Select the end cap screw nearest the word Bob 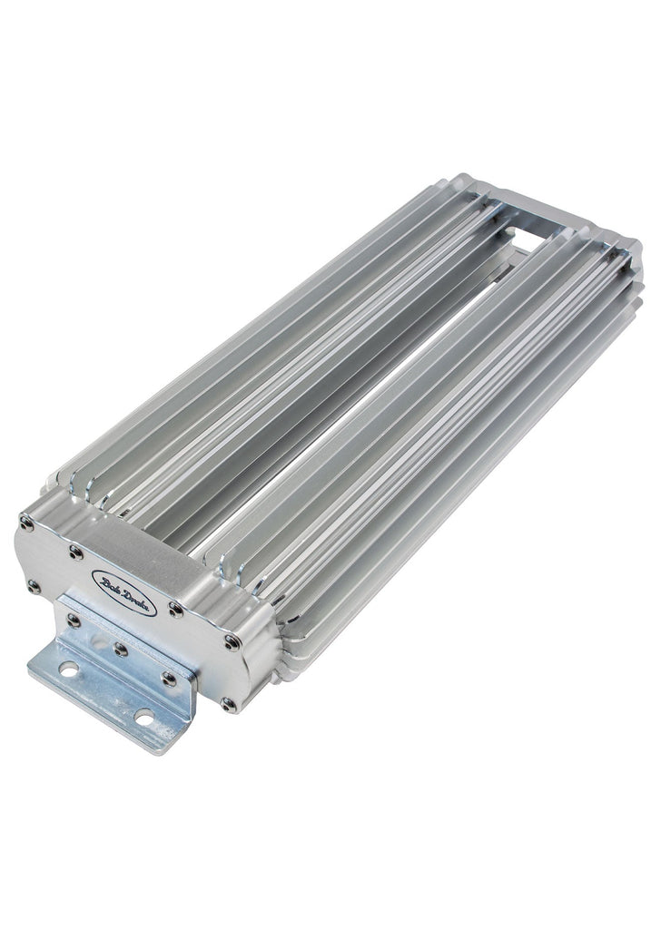click(76, 552)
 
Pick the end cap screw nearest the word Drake click(176, 611)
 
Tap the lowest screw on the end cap click(228, 703)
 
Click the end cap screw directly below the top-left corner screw click(34, 585)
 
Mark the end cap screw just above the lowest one click(232, 642)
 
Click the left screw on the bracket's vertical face click(74, 621)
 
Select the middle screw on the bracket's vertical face click(119, 650)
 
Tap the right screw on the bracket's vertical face click(169, 679)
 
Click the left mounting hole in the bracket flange click(66, 670)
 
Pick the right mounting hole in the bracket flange click(143, 719)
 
